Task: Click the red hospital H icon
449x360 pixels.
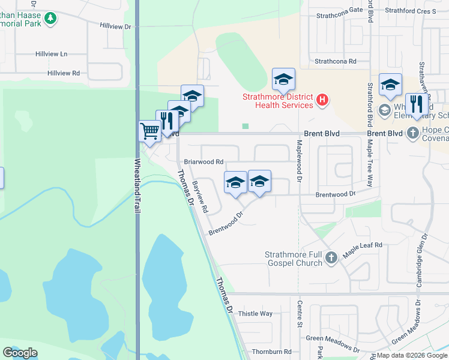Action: click(x=323, y=99)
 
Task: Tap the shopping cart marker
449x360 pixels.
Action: click(x=149, y=130)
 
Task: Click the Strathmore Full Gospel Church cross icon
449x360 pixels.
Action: click(x=331, y=259)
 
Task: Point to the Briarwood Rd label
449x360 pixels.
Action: click(x=203, y=162)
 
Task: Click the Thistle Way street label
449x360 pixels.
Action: click(x=255, y=314)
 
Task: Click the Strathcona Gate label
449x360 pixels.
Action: click(x=339, y=10)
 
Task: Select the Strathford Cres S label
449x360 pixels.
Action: click(x=411, y=10)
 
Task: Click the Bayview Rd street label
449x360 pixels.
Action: click(x=200, y=198)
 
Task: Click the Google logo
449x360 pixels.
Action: click(x=20, y=353)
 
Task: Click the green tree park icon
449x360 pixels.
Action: click(x=50, y=19)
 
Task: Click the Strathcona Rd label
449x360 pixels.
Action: click(x=336, y=61)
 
